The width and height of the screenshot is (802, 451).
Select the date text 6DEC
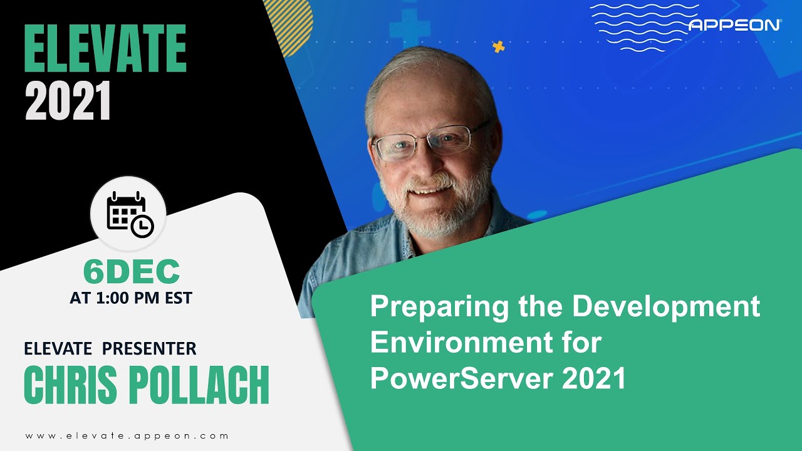point(132,272)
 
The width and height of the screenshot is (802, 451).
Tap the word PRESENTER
point(149,348)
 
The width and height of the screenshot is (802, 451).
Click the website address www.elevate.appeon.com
point(127,435)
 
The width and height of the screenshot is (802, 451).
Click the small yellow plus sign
point(499,46)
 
